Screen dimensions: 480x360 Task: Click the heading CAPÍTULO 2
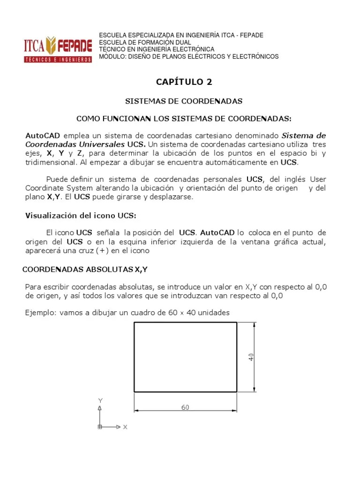(x=184, y=82)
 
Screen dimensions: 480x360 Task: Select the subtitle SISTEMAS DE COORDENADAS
(x=184, y=101)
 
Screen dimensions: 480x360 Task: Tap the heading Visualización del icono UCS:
(x=81, y=215)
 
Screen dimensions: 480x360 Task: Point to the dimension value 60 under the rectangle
(x=185, y=407)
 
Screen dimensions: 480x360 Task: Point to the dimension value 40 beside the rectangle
(x=251, y=357)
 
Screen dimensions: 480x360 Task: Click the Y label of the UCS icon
(x=100, y=400)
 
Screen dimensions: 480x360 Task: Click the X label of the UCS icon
(x=125, y=427)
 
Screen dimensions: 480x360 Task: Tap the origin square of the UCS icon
(x=100, y=427)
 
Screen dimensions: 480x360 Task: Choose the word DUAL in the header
(x=182, y=42)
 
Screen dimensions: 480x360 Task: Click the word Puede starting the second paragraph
(x=57, y=180)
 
